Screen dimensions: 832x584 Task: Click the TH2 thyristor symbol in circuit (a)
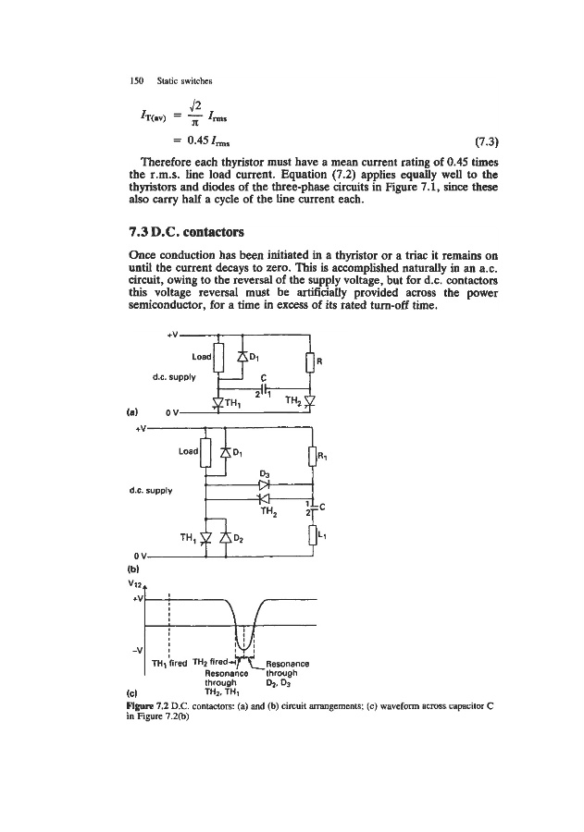click(309, 400)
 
